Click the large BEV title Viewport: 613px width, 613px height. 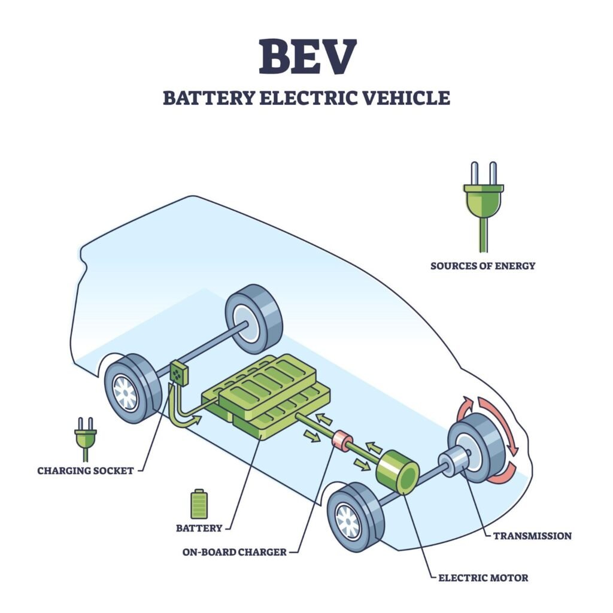tap(306, 57)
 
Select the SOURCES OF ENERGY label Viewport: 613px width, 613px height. tap(482, 265)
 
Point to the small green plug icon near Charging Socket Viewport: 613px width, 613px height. tap(85, 438)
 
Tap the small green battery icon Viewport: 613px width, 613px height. tap(199, 503)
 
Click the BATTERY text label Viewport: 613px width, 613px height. tap(199, 529)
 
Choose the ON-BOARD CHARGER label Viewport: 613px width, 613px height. tap(234, 552)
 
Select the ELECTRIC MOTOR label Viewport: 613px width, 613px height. tap(483, 578)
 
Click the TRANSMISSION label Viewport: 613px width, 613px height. tap(532, 536)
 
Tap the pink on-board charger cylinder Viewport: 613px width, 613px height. tap(342, 441)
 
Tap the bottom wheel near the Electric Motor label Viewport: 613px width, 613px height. tap(356, 517)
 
